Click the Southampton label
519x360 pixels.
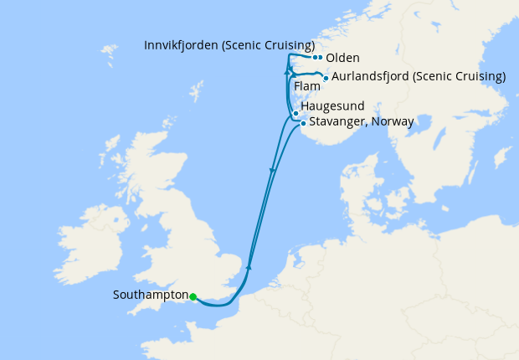tap(150, 296)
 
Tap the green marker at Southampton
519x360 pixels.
tap(193, 296)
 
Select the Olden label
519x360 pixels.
tap(343, 59)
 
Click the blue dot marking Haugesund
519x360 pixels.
tap(295, 113)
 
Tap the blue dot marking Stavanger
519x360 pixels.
tap(303, 124)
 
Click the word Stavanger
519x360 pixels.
tap(337, 122)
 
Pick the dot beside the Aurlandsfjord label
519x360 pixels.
tap(326, 78)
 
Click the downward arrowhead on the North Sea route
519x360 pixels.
tap(272, 171)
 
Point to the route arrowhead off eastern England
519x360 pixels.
tap(249, 266)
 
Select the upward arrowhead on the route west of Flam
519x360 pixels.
tap(286, 72)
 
